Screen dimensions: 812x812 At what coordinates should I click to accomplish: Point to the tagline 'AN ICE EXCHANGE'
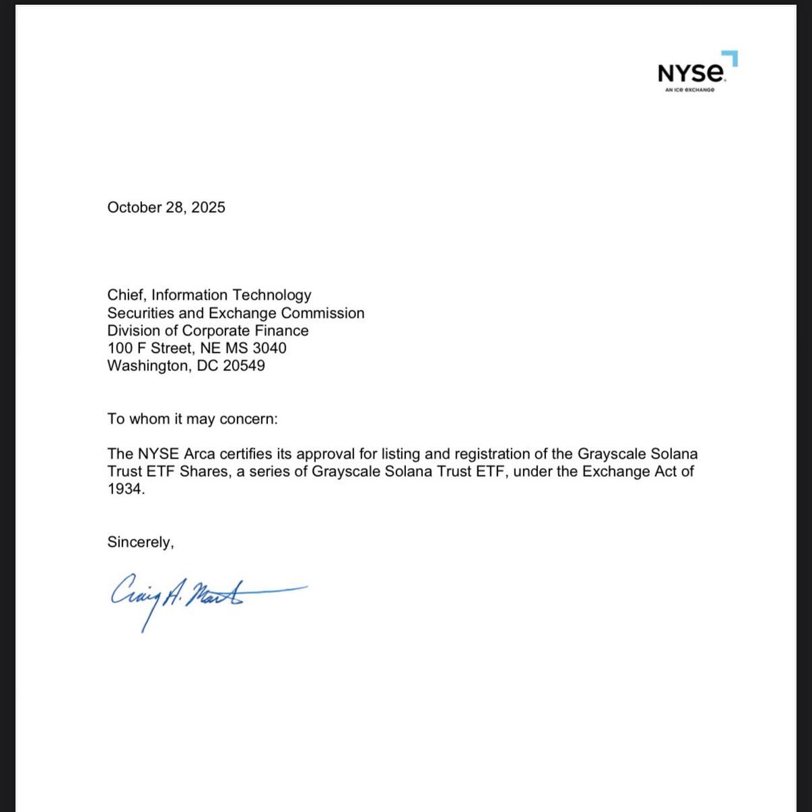(688, 91)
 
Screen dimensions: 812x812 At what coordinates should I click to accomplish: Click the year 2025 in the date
(208, 207)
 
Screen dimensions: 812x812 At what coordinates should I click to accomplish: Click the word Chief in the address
(127, 295)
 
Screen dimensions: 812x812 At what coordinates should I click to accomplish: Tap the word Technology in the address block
(272, 295)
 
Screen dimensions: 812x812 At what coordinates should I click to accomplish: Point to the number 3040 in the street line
(269, 348)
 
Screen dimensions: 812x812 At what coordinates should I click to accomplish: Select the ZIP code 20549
(244, 366)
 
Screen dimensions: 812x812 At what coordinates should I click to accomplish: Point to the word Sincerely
(140, 542)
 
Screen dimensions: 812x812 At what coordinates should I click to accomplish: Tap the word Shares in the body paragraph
(203, 471)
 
